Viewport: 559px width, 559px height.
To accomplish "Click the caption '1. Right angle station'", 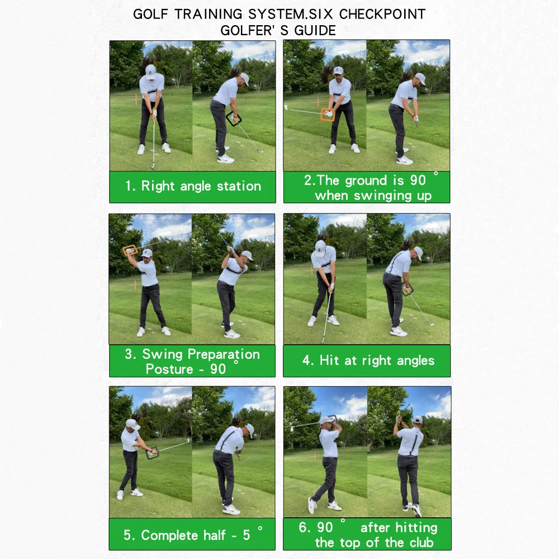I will tap(193, 186).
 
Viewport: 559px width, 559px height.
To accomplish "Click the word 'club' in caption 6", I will tap(420, 542).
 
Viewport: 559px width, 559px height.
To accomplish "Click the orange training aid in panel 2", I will tap(327, 115).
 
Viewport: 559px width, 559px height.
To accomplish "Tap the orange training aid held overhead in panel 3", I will tap(130, 250).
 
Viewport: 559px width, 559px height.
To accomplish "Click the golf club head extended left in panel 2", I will tap(286, 107).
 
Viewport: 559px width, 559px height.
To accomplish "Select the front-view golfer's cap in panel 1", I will tap(150, 69).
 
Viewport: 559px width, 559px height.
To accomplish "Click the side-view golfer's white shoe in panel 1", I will tap(225, 159).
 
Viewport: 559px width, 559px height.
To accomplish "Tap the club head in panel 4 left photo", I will tap(324, 340).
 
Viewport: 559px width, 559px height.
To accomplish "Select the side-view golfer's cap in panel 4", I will tap(418, 252).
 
